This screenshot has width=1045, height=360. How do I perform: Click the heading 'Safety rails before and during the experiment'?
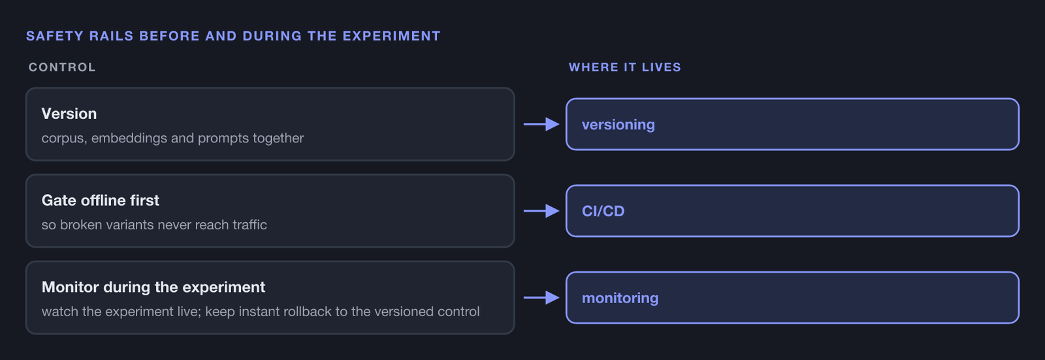click(233, 36)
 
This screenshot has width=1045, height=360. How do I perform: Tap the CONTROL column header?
click(62, 67)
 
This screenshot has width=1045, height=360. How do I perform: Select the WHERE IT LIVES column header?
click(624, 67)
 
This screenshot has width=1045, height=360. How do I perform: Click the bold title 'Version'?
click(69, 114)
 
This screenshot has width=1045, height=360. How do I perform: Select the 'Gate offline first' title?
click(101, 201)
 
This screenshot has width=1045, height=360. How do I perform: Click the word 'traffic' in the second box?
click(249, 225)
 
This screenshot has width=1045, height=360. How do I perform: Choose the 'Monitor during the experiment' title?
click(153, 287)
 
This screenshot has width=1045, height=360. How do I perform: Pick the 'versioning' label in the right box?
click(618, 125)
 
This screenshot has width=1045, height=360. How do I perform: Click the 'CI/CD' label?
click(603, 211)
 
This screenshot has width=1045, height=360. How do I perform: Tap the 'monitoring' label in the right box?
click(620, 298)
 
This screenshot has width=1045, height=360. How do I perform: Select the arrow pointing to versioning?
click(541, 124)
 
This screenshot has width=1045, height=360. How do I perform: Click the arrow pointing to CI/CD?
click(541, 211)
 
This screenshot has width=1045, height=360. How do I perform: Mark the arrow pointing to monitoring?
click(541, 297)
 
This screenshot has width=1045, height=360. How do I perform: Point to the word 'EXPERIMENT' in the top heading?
click(391, 36)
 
